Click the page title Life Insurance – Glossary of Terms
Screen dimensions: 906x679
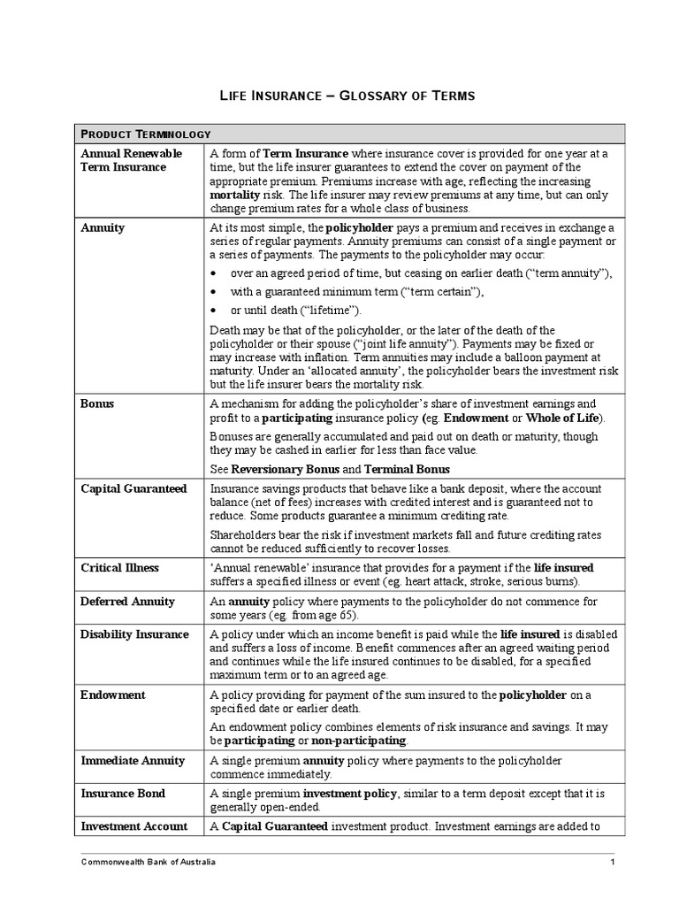(347, 95)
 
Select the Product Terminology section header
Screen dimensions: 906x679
(145, 134)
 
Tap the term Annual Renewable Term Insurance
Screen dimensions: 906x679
(131, 160)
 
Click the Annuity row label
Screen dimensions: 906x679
(103, 227)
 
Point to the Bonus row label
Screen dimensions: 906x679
(97, 403)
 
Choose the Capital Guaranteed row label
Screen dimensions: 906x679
(134, 488)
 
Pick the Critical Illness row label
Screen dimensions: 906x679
(121, 567)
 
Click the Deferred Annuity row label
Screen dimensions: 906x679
(128, 602)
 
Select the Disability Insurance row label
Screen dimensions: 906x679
(134, 634)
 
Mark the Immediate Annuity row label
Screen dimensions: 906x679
(133, 760)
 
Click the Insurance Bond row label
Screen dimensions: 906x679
(123, 794)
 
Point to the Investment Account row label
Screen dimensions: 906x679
(134, 826)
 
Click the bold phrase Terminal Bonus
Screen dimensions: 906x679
(407, 469)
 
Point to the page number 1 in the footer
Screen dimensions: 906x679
(612, 863)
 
